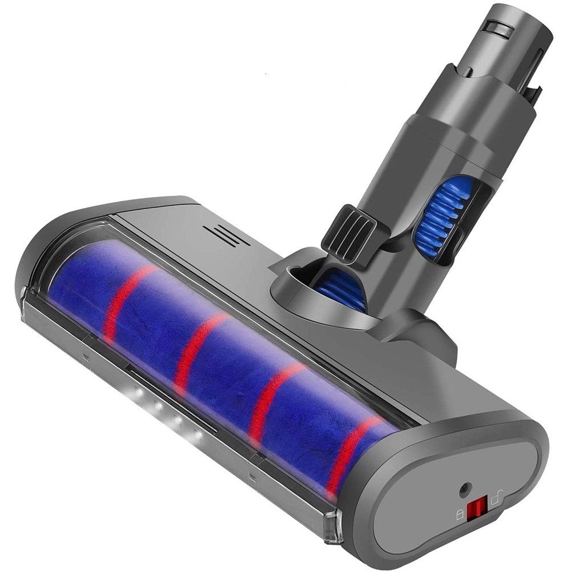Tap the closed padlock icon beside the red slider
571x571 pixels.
460,514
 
